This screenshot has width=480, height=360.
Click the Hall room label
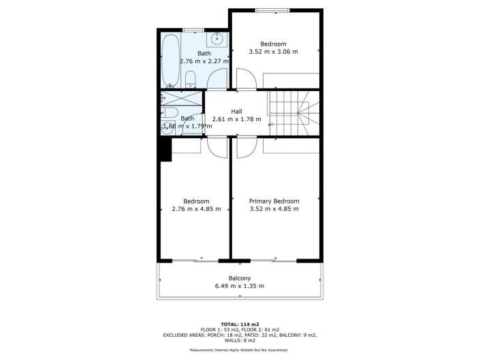236,112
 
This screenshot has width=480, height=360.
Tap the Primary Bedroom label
274,201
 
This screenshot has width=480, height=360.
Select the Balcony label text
239,278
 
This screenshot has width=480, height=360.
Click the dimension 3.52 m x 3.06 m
274,52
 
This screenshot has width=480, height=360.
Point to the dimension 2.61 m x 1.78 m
236,119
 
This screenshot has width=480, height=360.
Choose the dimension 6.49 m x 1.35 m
239,286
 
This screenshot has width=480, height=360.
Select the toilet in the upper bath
191,79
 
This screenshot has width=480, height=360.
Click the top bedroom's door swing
245,78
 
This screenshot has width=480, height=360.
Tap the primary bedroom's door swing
246,146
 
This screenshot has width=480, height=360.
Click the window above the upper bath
193,29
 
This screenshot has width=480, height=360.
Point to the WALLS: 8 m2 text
240,341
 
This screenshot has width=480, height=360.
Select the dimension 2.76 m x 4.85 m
196,209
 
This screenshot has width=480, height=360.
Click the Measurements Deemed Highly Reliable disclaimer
239,350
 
